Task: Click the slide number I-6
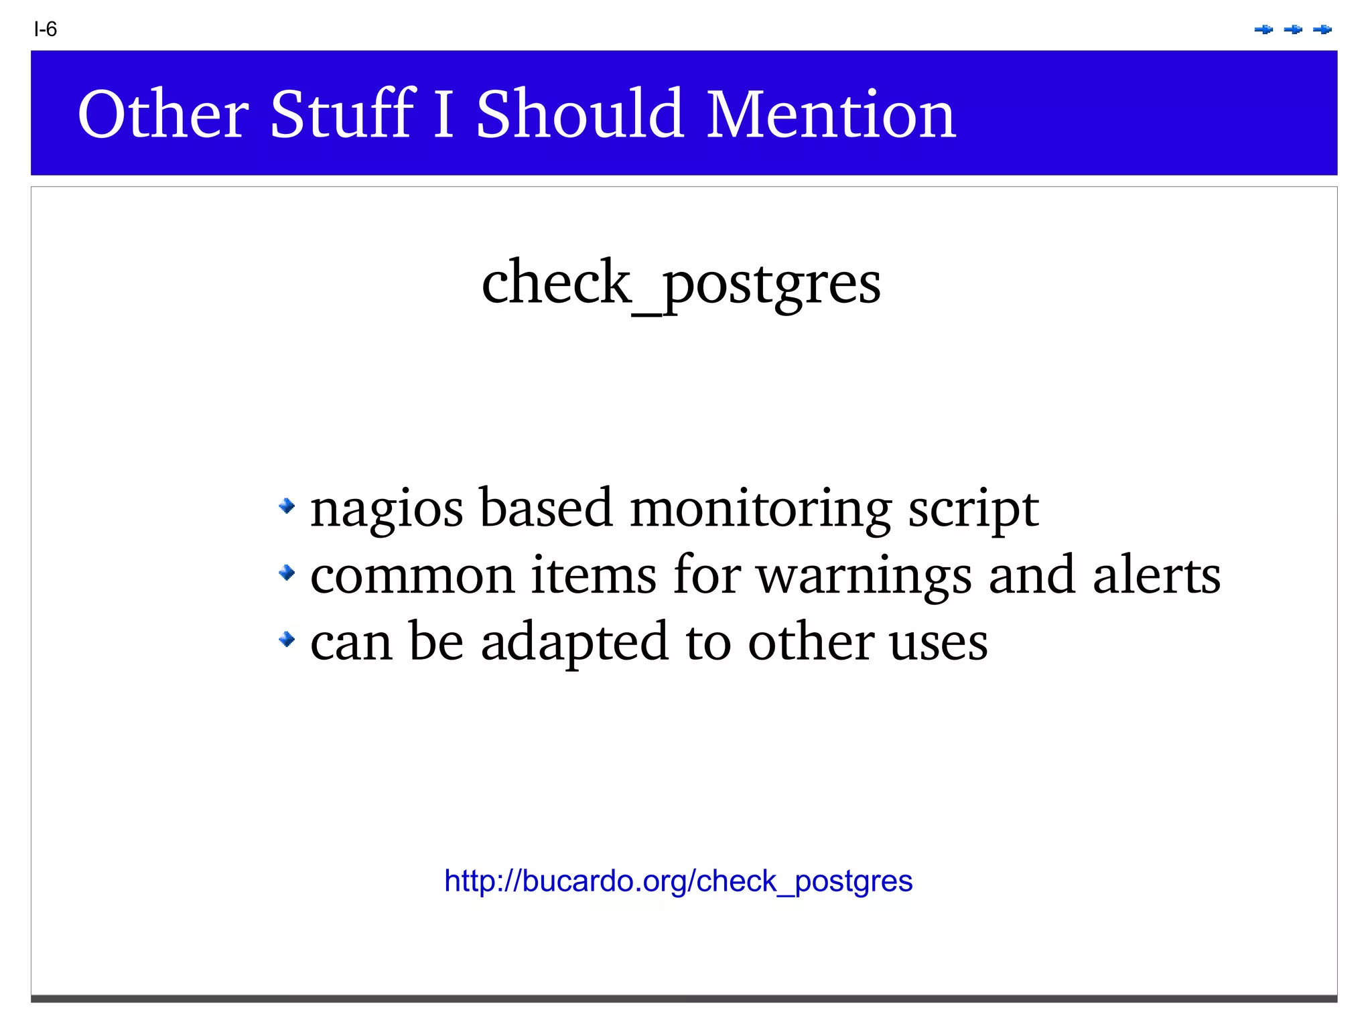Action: click(x=46, y=29)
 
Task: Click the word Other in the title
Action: click(x=163, y=115)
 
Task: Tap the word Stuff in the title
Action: click(x=342, y=115)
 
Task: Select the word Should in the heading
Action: click(x=580, y=115)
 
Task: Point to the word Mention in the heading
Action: click(x=831, y=115)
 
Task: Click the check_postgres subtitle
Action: click(x=681, y=283)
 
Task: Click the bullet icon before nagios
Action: click(x=287, y=506)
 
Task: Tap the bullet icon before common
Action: click(x=287, y=573)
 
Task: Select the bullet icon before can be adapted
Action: click(x=287, y=640)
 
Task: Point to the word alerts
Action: click(x=1156, y=575)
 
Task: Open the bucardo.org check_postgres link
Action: click(x=678, y=881)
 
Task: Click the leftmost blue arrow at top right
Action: click(x=1263, y=29)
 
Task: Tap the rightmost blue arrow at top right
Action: click(x=1322, y=29)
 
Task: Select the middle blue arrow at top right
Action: click(x=1293, y=29)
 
